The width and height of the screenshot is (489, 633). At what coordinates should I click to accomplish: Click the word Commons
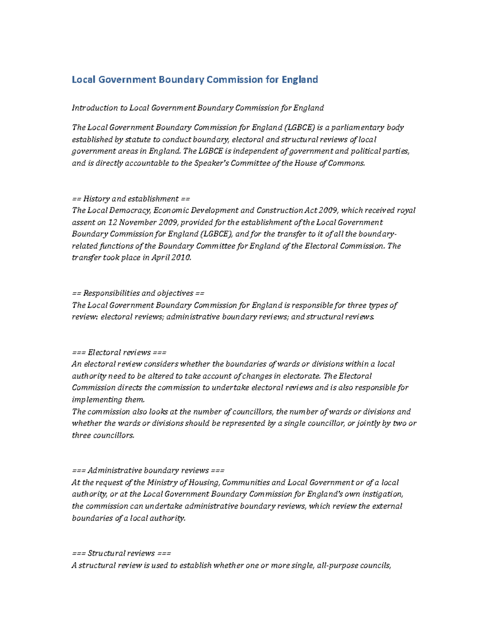(x=347, y=163)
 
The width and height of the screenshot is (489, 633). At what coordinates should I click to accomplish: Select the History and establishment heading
(x=131, y=199)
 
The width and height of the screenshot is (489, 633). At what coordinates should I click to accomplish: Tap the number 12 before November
(x=112, y=222)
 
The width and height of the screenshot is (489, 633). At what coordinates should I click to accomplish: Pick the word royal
(x=406, y=210)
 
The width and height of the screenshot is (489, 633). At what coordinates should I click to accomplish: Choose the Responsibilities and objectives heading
(x=138, y=293)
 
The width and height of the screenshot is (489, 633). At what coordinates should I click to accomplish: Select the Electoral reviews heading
(x=119, y=353)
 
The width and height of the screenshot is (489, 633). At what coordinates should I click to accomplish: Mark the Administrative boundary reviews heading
(x=148, y=471)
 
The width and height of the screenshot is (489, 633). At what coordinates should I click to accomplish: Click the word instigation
(x=383, y=494)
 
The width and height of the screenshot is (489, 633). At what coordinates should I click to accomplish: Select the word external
(x=387, y=506)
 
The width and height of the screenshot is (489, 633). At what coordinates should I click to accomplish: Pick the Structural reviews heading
(x=121, y=554)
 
